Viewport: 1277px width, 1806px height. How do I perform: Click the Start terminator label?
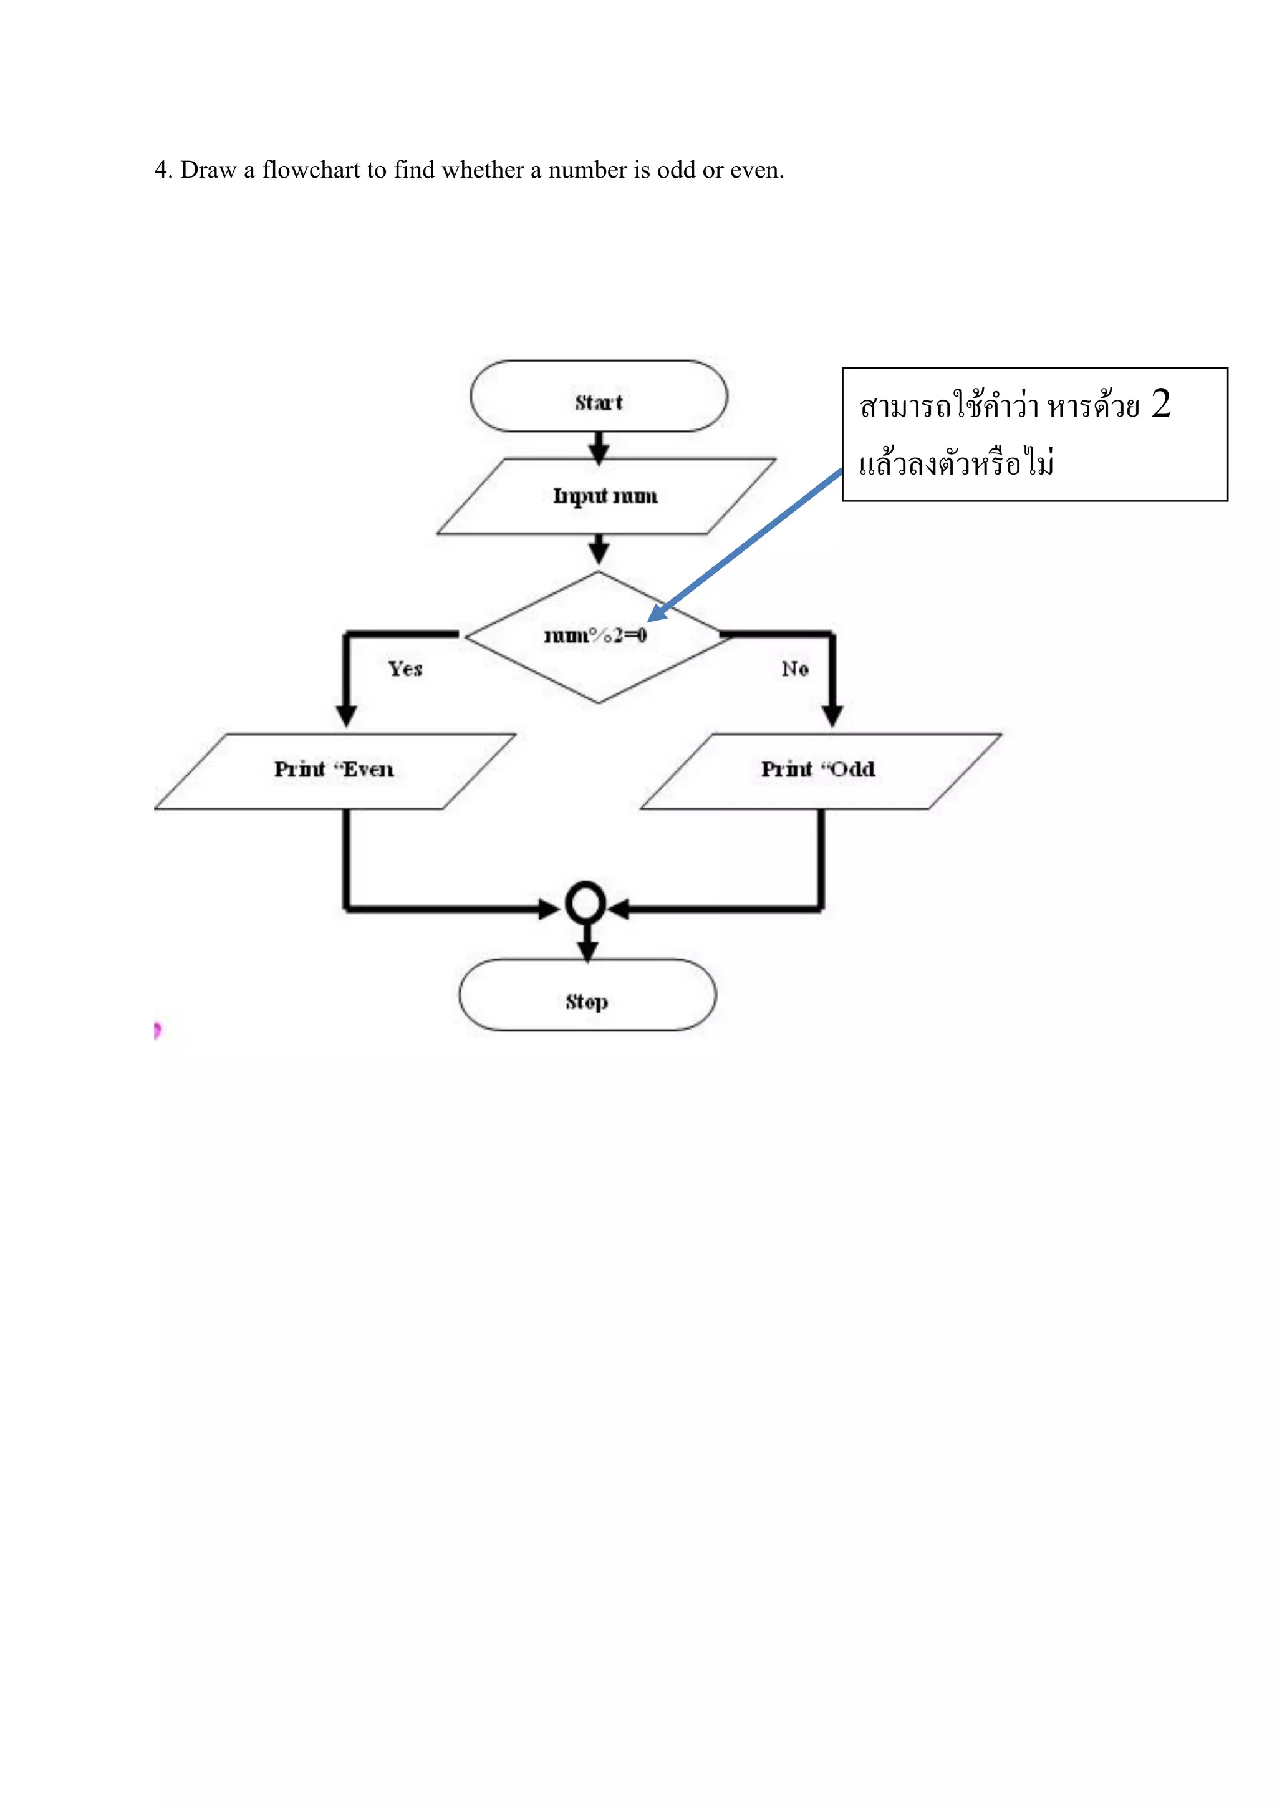click(599, 403)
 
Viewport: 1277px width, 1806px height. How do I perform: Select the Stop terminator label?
click(587, 1002)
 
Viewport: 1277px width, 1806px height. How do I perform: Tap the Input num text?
click(605, 496)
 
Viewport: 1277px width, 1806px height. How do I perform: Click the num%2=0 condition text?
click(595, 635)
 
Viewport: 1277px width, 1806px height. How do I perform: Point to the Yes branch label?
click(405, 669)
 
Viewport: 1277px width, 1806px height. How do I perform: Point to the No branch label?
click(795, 669)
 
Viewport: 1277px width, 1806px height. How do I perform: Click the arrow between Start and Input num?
click(599, 449)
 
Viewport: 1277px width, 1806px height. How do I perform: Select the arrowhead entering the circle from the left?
click(551, 909)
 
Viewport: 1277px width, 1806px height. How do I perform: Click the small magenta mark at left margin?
click(157, 1030)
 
